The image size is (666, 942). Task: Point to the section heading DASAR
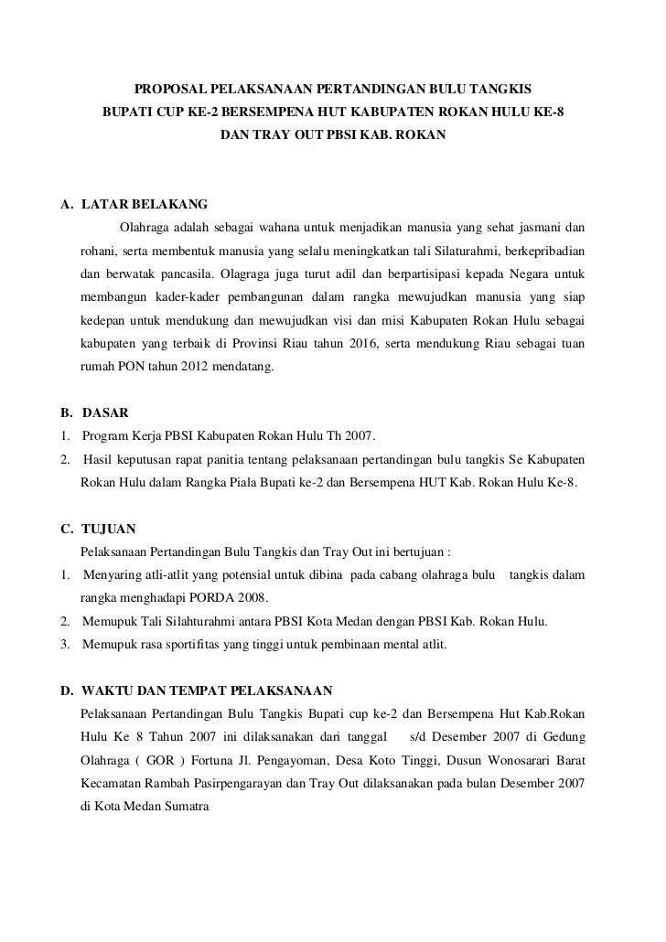pos(107,412)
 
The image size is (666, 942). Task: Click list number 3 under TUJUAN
pos(64,646)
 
